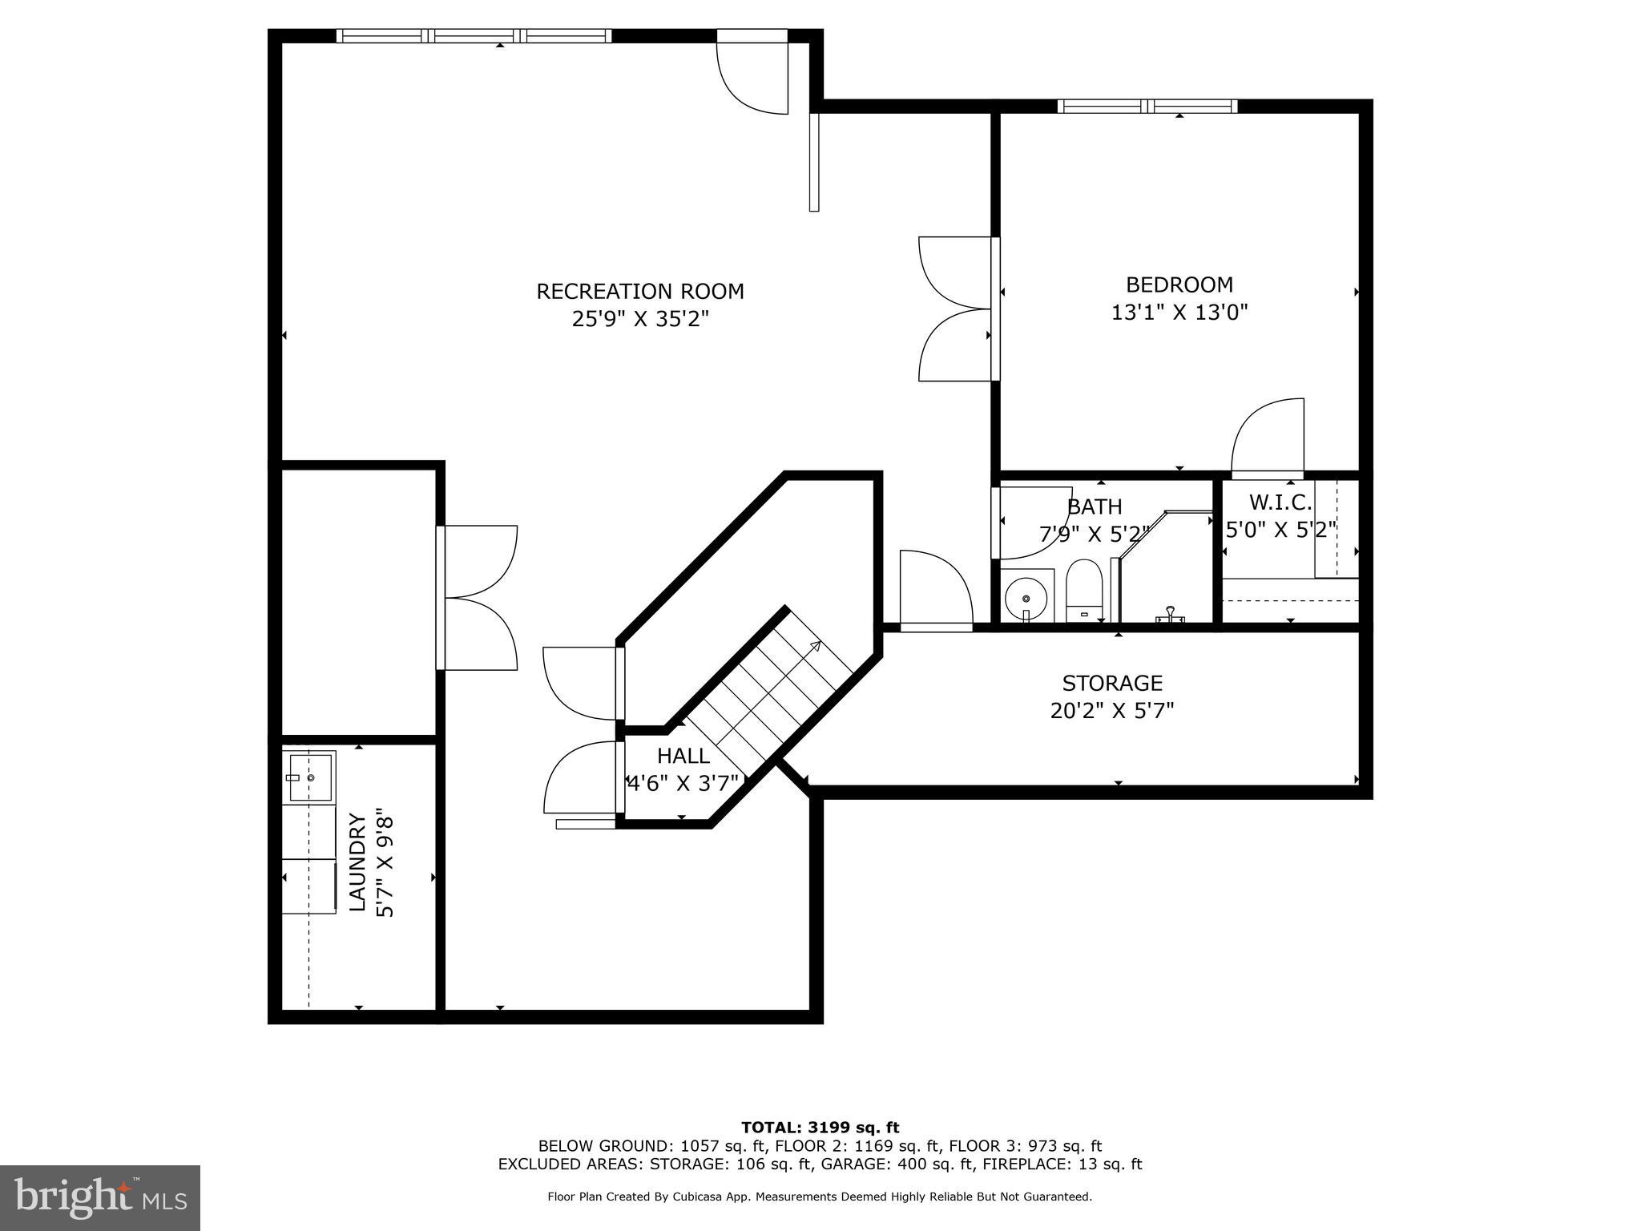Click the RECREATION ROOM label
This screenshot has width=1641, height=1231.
(639, 291)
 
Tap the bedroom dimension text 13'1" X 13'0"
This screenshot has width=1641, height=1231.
(1179, 313)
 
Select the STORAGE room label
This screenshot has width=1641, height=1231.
(1112, 683)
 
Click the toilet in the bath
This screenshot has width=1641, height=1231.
(1085, 591)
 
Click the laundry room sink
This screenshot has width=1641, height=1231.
(309, 777)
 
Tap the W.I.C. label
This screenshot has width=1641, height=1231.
(1280, 502)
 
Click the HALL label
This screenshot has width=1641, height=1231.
(683, 756)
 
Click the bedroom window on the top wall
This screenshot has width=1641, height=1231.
(1147, 106)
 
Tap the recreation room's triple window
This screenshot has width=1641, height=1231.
(474, 35)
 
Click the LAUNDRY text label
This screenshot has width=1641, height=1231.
(357, 862)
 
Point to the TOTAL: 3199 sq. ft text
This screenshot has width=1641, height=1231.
(820, 1128)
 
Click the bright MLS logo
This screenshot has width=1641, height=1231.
(100, 1198)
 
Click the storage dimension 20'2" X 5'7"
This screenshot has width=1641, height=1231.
(1112, 711)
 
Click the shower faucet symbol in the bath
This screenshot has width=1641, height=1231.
(1171, 614)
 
